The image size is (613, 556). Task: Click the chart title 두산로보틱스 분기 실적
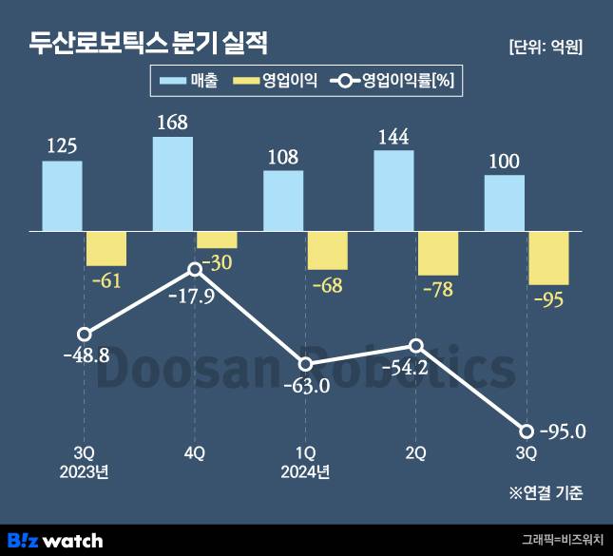pos(148,43)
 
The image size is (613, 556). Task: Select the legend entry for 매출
pos(189,82)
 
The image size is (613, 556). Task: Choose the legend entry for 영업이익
pos(276,82)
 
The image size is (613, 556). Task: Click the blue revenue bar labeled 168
pos(173,183)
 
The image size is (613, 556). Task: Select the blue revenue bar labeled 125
pos(62,195)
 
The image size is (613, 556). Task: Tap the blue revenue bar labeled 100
pos(504,202)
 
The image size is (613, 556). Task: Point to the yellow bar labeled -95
pos(548,258)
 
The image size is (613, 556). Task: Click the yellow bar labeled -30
pos(217,240)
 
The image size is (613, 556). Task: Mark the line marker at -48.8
pos(84,335)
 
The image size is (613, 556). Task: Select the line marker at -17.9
pos(195,270)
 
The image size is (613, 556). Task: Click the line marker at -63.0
pos(305,365)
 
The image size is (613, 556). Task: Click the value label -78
pos(437,288)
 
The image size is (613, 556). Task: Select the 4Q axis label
pos(194,453)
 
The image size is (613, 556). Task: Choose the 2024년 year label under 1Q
pos(305,471)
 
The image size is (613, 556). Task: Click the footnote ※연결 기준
pos(546,493)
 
